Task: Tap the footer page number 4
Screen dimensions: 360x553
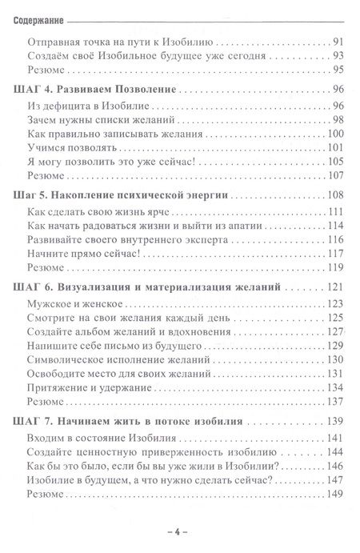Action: pos(180,530)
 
